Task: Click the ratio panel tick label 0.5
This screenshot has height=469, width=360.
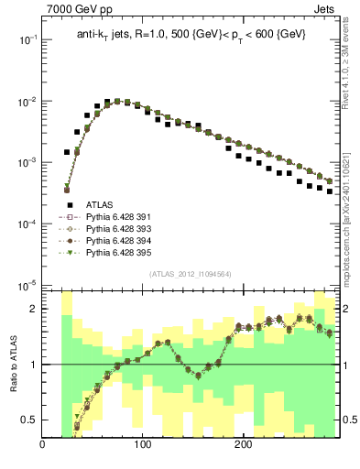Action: (x=29, y=420)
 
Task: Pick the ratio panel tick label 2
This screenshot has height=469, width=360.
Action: (x=34, y=309)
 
